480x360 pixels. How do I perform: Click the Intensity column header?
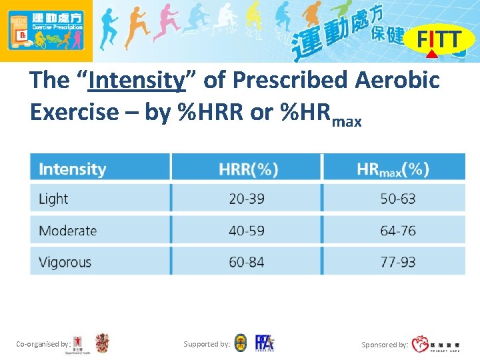tap(73, 169)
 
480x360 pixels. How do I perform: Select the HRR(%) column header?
tap(248, 169)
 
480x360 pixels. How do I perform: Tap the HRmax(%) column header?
tap(393, 169)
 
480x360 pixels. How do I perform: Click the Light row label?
tap(54, 199)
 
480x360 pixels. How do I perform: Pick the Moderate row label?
tap(68, 231)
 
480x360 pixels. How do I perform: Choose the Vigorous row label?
tap(65, 262)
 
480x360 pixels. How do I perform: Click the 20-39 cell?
tap(247, 199)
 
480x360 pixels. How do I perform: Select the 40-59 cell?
tap(247, 231)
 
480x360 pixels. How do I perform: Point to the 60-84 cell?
tap(247, 262)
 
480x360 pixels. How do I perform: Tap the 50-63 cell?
tap(398, 199)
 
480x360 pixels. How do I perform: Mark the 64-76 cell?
tap(398, 231)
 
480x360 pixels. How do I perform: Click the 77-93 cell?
tap(398, 262)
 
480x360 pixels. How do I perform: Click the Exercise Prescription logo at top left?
tap(46, 31)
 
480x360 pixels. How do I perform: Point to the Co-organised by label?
tap(43, 345)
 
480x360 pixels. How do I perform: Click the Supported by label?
tap(207, 345)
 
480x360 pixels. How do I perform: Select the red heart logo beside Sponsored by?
tap(421, 344)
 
